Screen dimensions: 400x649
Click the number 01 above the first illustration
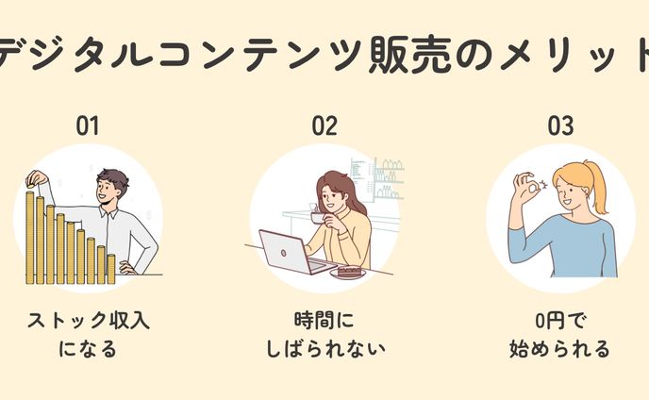87,125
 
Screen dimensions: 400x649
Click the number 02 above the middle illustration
324,125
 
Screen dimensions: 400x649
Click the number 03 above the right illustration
560,125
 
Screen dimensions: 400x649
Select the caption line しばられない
324,349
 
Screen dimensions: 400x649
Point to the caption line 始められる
560,349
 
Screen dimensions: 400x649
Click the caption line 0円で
560,320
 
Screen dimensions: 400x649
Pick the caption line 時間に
324,320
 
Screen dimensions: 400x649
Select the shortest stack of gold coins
110,268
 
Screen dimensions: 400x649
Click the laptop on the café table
284,252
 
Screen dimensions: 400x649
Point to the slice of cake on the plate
350,271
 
